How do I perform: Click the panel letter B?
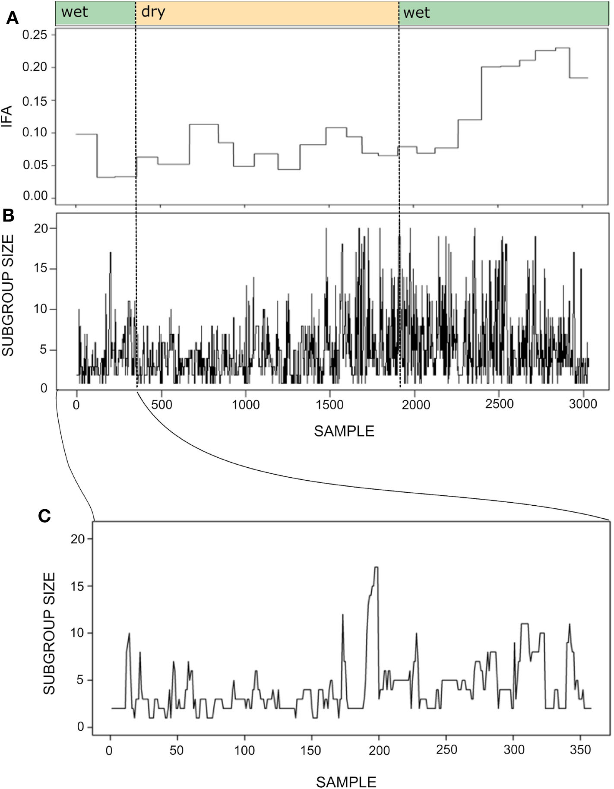pyautogui.click(x=8, y=216)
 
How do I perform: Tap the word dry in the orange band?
pyautogui.click(x=153, y=12)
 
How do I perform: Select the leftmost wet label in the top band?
pyautogui.click(x=74, y=12)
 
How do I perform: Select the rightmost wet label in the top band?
pyautogui.click(x=416, y=13)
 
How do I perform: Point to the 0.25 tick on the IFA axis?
pyautogui.click(x=35, y=35)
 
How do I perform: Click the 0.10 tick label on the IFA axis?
pyautogui.click(x=35, y=133)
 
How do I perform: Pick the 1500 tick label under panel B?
pyautogui.click(x=330, y=405)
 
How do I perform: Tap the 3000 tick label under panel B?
pyautogui.click(x=583, y=404)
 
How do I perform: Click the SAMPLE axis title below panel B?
pyautogui.click(x=344, y=431)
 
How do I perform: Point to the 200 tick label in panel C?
pyautogui.click(x=379, y=750)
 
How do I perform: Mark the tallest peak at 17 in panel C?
pyautogui.click(x=376, y=567)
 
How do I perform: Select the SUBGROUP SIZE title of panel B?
pyautogui.click(x=7, y=295)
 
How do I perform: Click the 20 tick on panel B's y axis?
pyautogui.click(x=41, y=228)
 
